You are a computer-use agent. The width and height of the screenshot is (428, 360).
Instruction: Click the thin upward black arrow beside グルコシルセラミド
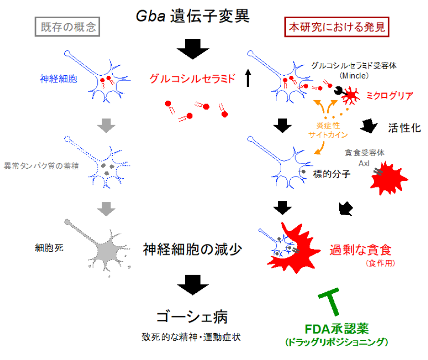pos(248,78)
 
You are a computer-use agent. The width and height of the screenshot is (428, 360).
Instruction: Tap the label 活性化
pos(404,128)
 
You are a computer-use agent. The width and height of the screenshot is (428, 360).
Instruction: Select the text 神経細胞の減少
pos(192,249)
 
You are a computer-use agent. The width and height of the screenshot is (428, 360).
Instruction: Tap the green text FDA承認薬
pos(336,330)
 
